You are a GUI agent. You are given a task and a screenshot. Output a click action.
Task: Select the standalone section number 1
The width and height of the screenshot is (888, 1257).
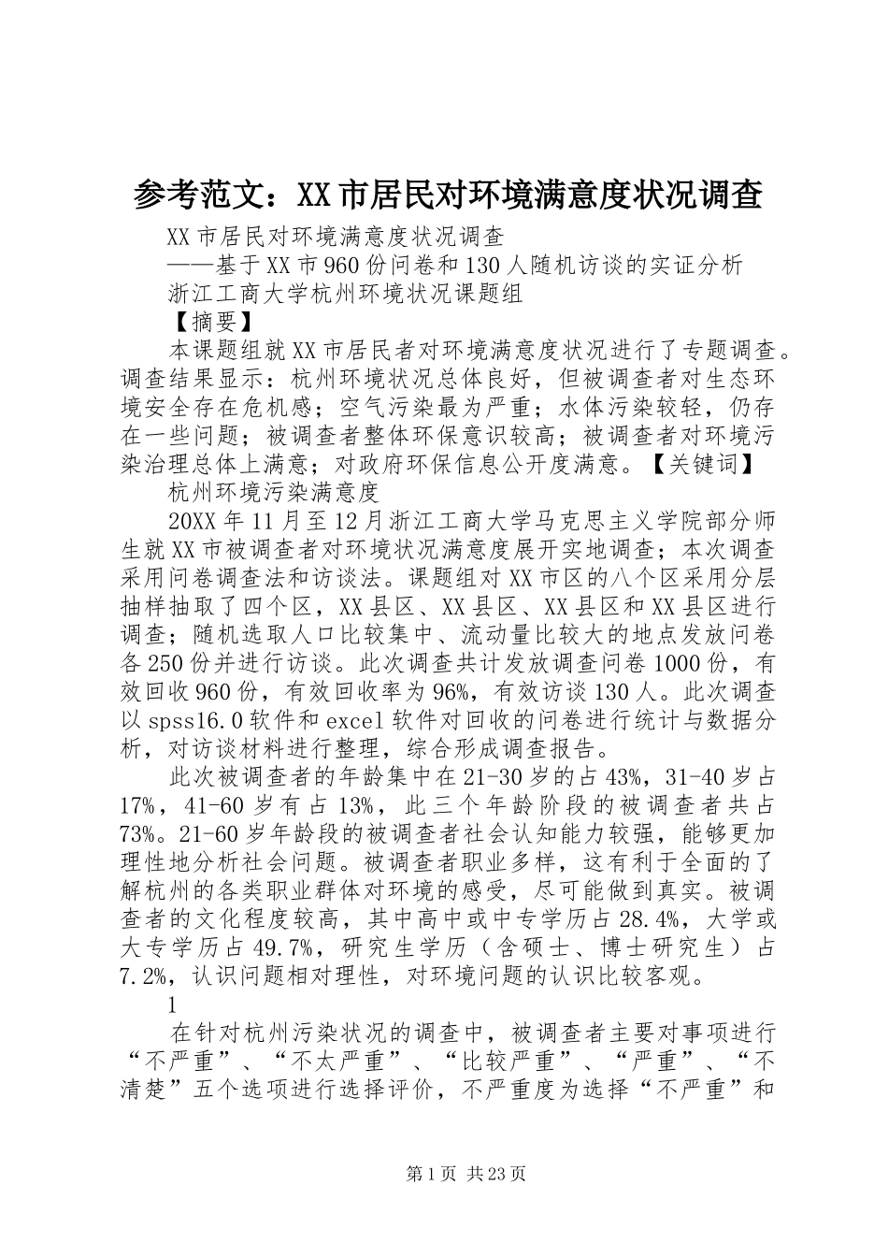172,1006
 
